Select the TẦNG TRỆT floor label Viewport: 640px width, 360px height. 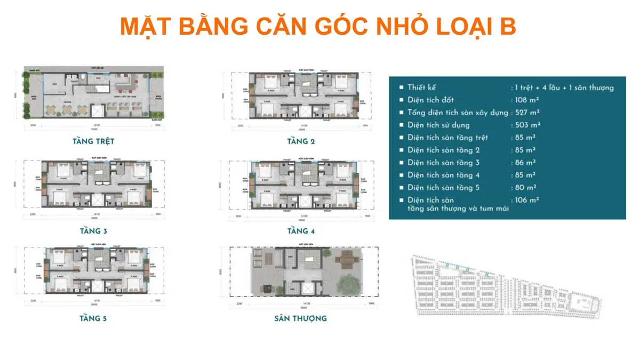coord(93,142)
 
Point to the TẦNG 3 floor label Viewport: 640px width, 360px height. coord(94,231)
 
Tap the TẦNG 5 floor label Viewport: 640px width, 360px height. coord(94,318)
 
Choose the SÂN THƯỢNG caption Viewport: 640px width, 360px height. coord(300,318)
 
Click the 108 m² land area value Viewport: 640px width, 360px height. coord(526,100)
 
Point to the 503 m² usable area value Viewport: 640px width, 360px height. coord(526,125)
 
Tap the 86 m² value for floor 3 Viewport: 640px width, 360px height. coord(524,163)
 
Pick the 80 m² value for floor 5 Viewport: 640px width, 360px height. coord(524,187)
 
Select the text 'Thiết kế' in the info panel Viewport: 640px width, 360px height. coord(421,87)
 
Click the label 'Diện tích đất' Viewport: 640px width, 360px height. coord(431,100)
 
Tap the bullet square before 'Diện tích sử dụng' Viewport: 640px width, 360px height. coord(400,125)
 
